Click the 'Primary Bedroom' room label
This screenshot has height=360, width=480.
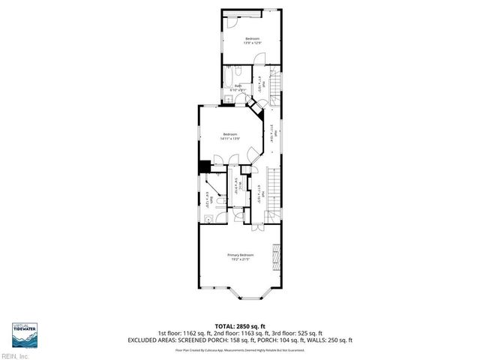click(240, 255)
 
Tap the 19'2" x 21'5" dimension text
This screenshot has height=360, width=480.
click(240, 259)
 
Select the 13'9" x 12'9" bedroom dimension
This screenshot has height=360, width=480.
click(251, 43)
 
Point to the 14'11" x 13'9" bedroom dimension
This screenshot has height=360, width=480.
click(229, 139)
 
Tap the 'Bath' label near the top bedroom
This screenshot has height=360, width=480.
click(238, 86)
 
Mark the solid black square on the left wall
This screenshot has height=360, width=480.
click(203, 168)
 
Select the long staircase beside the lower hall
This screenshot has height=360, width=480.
click(274, 190)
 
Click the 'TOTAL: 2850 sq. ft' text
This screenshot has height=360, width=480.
click(239, 325)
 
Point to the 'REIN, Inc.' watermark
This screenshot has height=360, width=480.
click(15, 355)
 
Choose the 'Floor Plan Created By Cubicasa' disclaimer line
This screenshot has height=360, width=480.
click(239, 349)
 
